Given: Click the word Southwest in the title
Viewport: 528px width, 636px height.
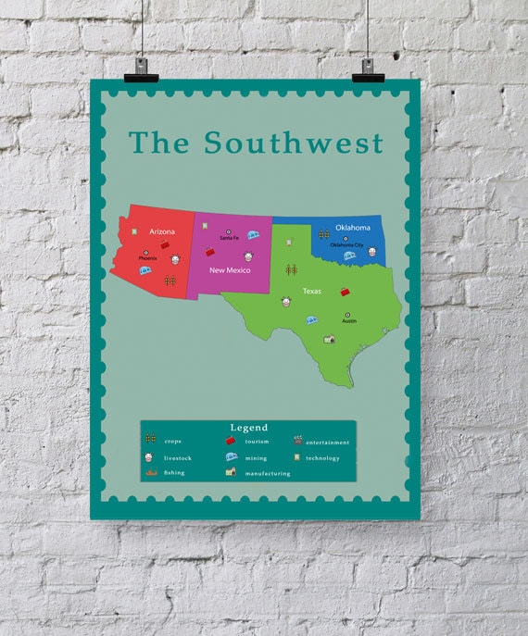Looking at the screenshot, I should tap(293, 143).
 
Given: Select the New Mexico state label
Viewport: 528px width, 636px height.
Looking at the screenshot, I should tap(229, 269).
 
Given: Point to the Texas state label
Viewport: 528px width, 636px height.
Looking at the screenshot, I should tap(311, 291).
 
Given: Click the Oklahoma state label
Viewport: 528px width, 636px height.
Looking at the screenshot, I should tap(353, 227).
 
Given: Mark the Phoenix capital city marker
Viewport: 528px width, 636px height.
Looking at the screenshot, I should tap(145, 253).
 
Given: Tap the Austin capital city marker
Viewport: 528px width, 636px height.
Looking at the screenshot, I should tap(349, 315).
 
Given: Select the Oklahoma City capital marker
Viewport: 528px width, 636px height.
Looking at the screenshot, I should tap(346, 239).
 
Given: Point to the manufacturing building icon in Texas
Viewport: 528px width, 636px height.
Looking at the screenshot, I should tap(329, 340).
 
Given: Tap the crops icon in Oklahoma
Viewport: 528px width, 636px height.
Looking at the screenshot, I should tap(323, 235).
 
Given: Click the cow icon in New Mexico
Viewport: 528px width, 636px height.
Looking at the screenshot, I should tap(248, 256).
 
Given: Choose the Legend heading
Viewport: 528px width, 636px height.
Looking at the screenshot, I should tap(248, 428).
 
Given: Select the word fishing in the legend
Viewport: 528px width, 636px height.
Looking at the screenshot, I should tap(174, 472).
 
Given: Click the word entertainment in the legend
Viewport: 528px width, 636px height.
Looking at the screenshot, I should tap(328, 443).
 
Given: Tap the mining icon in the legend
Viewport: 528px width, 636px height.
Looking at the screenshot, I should tap(231, 456).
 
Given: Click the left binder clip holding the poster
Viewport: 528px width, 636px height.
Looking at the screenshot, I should tap(141, 66).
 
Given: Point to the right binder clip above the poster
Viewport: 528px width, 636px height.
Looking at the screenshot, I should tap(368, 68).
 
